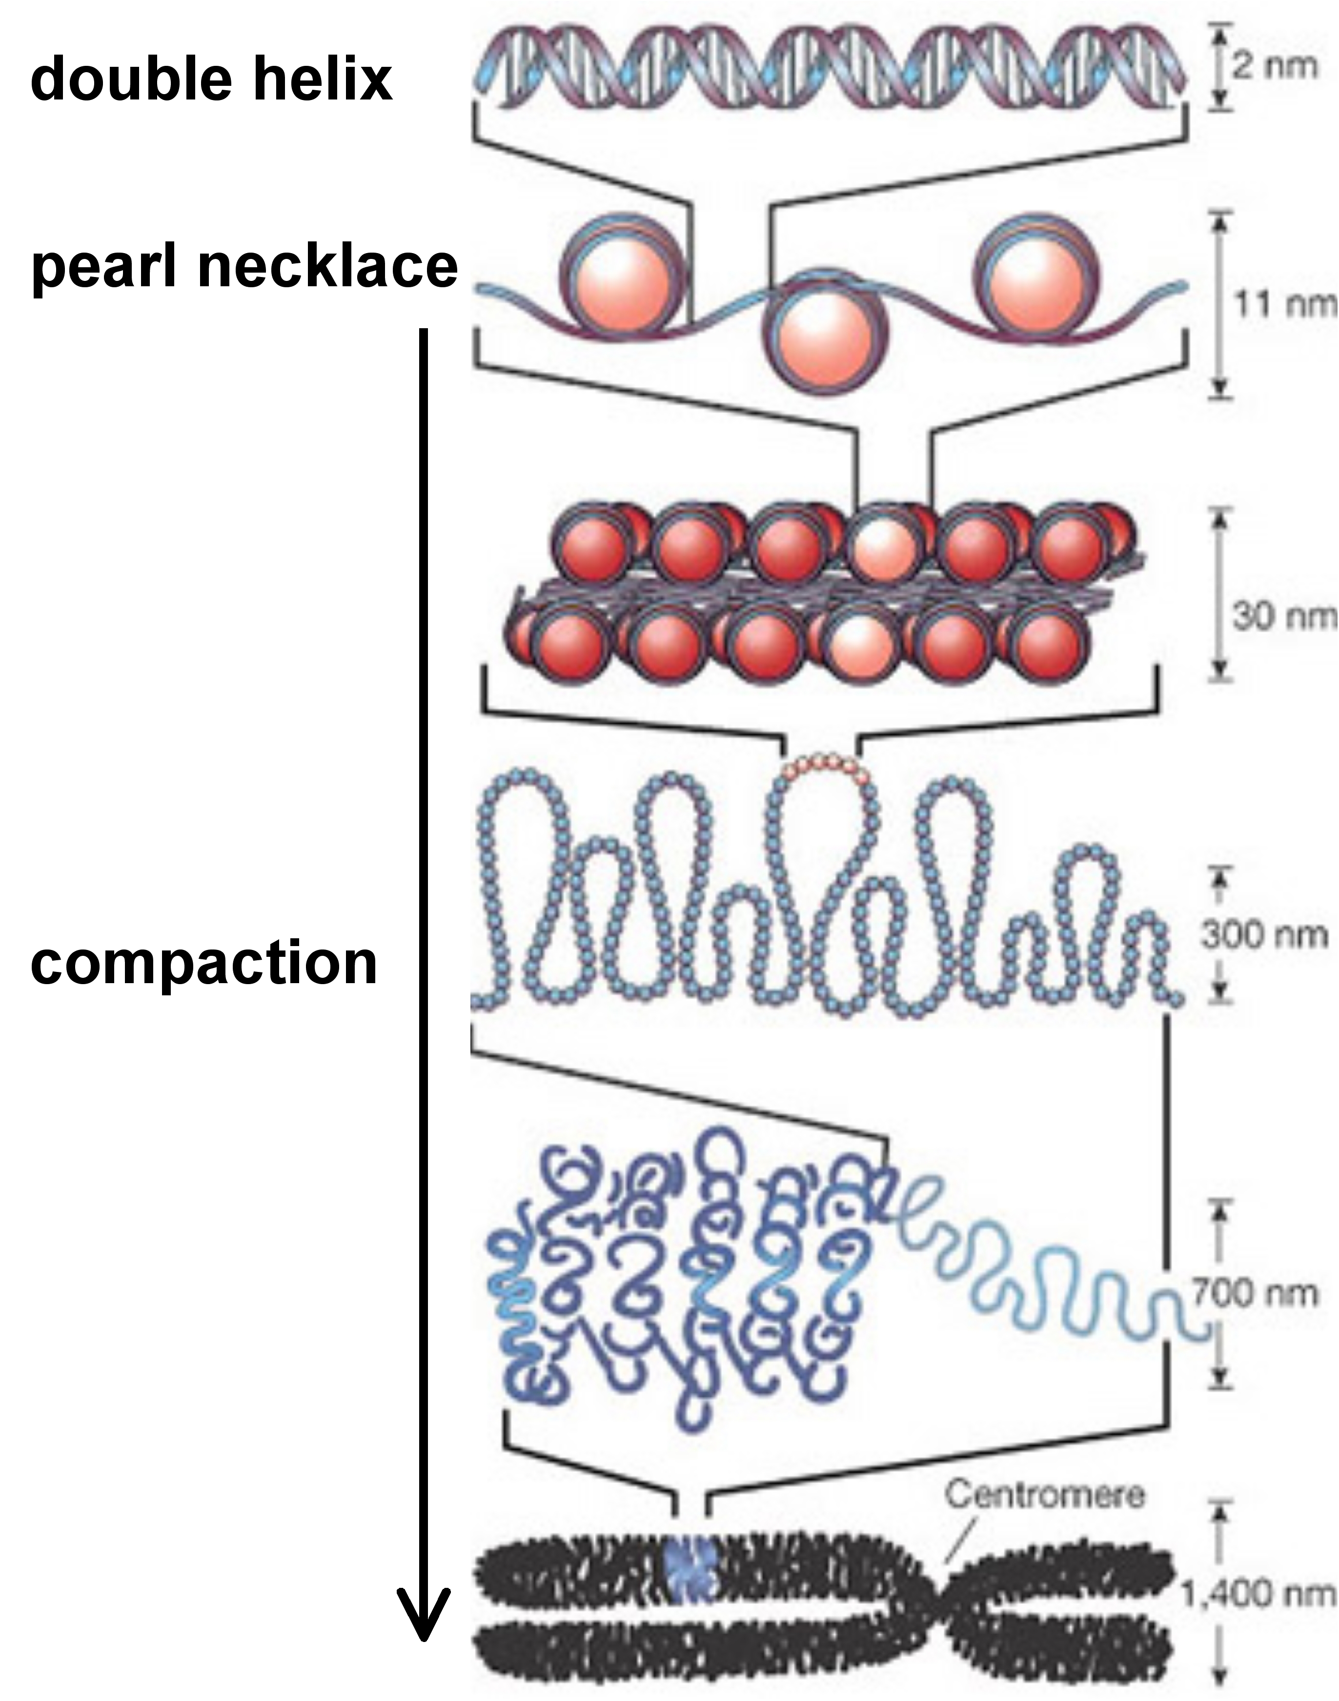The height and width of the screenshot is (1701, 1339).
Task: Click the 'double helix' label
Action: [211, 80]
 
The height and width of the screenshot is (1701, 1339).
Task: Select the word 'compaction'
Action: [204, 963]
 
